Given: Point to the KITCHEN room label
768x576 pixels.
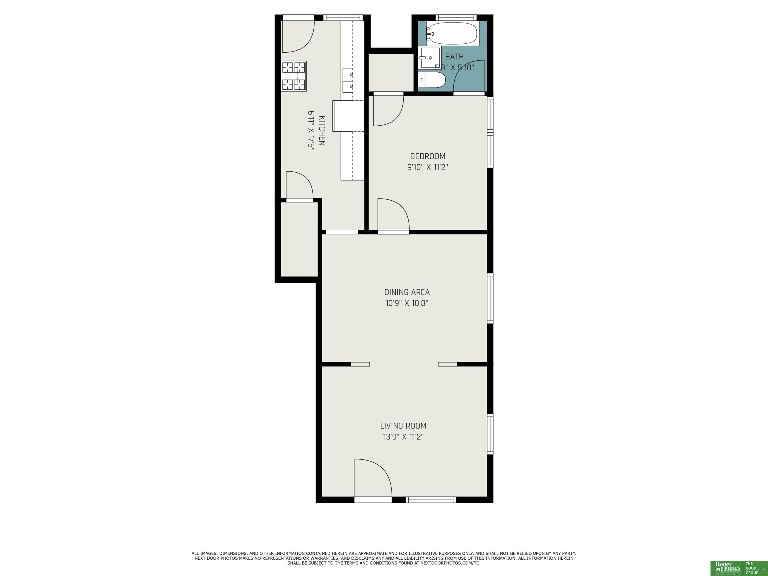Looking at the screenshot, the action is [322, 130].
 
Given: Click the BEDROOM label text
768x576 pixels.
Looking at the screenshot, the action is [428, 156].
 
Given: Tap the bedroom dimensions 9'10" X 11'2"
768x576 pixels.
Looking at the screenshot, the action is [428, 167].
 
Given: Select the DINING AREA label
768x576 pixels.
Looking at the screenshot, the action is [407, 292].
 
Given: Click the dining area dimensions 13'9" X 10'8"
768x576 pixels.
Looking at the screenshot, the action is [407, 303].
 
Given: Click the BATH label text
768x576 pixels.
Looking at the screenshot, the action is [454, 56].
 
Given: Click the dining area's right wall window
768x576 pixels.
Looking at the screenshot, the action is [490, 298].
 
